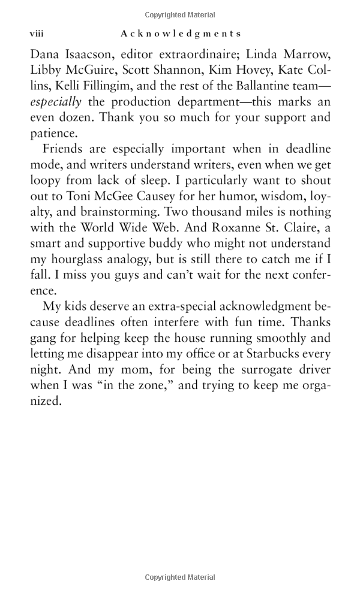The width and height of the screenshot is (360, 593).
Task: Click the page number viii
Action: (37, 34)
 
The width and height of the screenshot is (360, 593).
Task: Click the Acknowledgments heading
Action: (180, 34)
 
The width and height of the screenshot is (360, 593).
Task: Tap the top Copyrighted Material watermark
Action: (180, 14)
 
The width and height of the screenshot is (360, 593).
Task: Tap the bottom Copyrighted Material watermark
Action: (180, 577)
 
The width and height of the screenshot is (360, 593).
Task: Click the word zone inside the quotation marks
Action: (149, 385)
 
